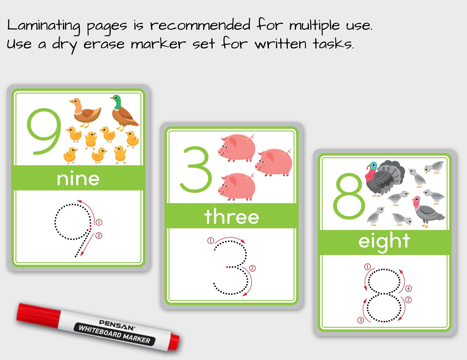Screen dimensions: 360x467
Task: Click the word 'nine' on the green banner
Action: click(78, 179)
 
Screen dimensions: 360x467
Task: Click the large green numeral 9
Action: click(44, 131)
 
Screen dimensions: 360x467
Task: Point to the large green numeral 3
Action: click(196, 170)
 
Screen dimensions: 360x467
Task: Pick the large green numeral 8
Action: click(349, 196)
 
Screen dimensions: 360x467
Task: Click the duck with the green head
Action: click(124, 112)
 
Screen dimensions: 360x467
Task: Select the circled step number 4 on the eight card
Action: click(408, 289)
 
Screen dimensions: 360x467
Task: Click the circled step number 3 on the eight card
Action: click(361, 320)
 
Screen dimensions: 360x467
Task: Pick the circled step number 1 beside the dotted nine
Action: click(99, 222)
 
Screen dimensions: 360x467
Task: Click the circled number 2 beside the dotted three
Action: click(252, 268)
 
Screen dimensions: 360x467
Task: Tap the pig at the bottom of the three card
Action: click(237, 187)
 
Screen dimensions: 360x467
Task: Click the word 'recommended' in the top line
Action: click(200, 25)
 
